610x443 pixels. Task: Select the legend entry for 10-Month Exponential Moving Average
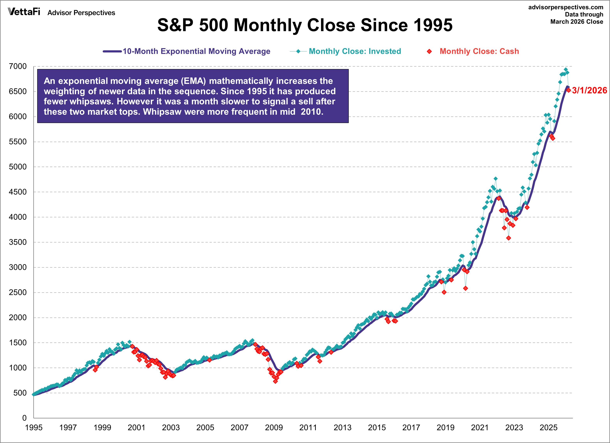click(x=196, y=51)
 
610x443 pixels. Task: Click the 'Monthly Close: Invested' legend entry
click(x=355, y=51)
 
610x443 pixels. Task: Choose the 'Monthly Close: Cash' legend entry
click(x=479, y=51)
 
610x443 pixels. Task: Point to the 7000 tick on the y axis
click(x=18, y=66)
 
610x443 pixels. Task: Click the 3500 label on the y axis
click(x=18, y=242)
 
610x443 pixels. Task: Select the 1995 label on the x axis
click(x=34, y=427)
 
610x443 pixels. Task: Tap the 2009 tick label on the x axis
click(x=274, y=427)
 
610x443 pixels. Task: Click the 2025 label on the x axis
click(x=548, y=427)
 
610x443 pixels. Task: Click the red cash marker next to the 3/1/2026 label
click(x=569, y=90)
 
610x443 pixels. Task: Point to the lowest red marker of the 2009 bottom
click(x=275, y=381)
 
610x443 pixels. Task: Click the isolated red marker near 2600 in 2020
click(x=465, y=288)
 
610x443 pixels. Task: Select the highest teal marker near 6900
click(x=566, y=69)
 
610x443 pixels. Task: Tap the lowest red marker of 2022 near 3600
click(x=508, y=238)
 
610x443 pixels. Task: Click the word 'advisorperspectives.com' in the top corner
click(x=566, y=7)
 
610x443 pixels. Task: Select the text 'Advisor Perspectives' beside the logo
click(x=81, y=13)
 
